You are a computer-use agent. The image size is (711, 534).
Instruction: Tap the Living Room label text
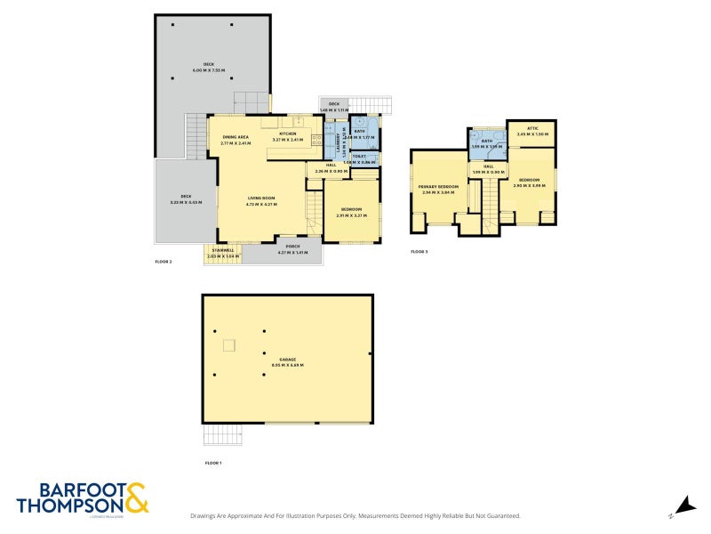pos(261,200)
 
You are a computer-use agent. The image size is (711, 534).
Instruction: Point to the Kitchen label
pos(287,133)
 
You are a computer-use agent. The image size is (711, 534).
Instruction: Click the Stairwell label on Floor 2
pos(223,252)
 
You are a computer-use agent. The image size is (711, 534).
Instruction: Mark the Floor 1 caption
pos(213,464)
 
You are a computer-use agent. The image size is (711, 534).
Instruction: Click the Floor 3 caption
pos(419,252)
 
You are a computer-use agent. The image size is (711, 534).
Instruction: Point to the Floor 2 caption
pos(164,262)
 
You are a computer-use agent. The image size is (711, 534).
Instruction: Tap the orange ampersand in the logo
pos(137,498)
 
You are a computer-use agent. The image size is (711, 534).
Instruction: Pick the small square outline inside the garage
pos(229,344)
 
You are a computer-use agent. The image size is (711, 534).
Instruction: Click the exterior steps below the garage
pos(222,435)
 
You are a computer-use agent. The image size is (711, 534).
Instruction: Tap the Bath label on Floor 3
pos(487,141)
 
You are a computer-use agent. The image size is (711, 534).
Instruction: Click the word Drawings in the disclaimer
pos(206,516)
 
